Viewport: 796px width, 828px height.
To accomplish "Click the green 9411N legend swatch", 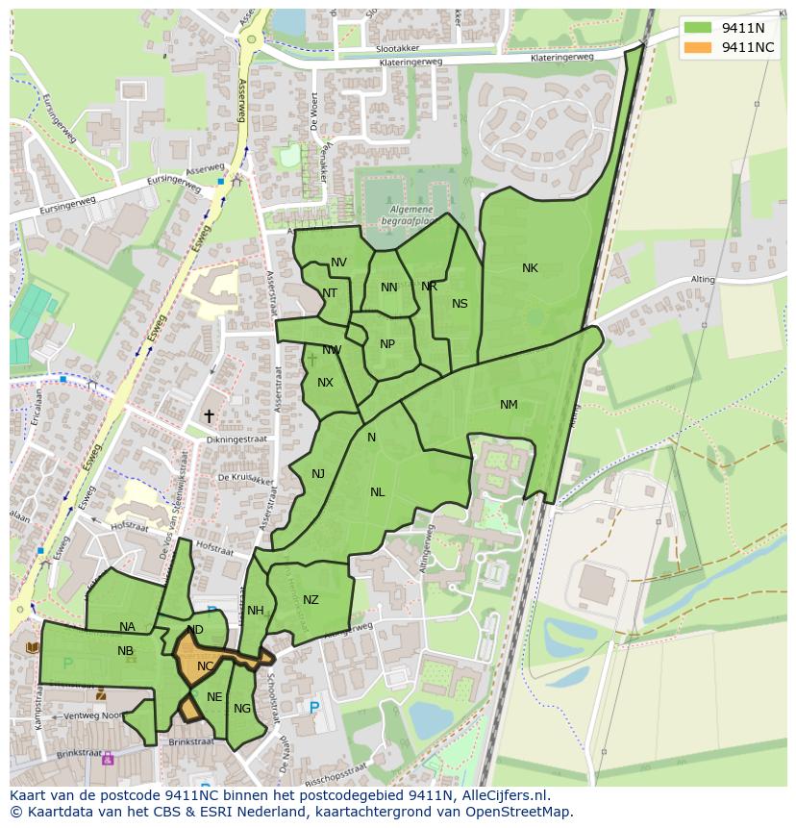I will (700, 28).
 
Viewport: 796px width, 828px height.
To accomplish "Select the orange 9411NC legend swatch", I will (700, 47).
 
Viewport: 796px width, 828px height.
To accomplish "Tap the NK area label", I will (530, 268).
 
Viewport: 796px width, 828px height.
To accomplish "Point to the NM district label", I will (509, 405).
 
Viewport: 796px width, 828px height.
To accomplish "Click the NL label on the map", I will (377, 492).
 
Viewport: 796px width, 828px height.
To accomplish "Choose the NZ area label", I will (311, 600).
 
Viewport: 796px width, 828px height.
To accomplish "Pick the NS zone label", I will (460, 304).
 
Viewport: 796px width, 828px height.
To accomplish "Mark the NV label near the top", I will (338, 263).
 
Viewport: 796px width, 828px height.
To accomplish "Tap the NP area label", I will (387, 344).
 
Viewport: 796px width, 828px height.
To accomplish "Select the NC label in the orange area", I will (205, 665).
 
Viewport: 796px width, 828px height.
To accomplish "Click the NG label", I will (241, 709).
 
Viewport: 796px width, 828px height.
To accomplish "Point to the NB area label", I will (125, 651).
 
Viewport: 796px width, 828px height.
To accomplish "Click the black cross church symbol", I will (209, 415).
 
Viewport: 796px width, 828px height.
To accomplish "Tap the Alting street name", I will (702, 280).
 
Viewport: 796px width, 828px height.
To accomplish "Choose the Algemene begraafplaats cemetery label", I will (411, 214).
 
